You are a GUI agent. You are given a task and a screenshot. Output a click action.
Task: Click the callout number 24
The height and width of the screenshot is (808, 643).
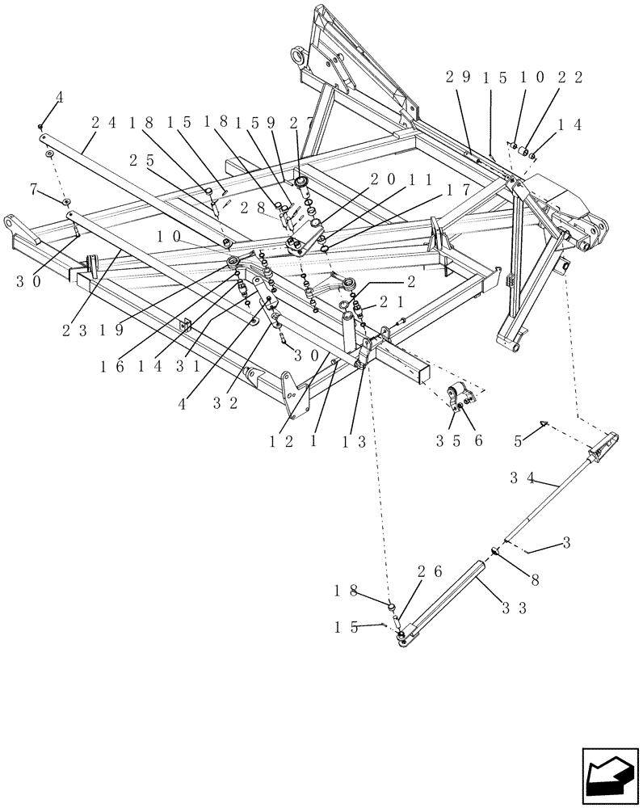pos(103,124)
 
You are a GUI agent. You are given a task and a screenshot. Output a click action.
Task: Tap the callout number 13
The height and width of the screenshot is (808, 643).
pos(349,442)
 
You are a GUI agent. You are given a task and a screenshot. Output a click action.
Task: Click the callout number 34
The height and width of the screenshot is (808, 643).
pos(521,477)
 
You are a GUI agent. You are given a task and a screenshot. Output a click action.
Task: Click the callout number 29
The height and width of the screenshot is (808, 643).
pos(457,78)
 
